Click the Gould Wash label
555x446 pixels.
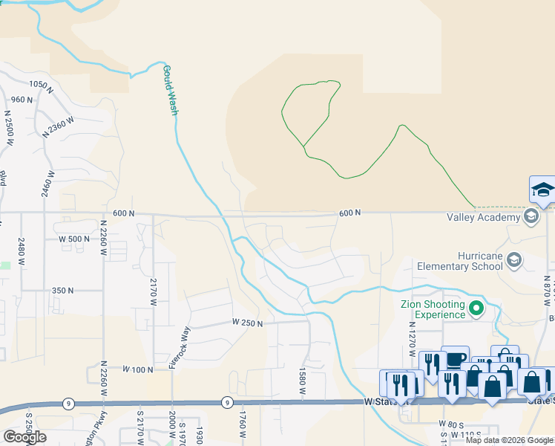click(x=170, y=90)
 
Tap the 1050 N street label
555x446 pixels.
click(x=43, y=85)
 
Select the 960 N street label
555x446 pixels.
click(x=22, y=100)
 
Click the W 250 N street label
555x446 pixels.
click(x=248, y=322)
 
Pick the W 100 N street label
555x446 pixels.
click(x=137, y=369)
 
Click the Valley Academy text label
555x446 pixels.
click(x=483, y=217)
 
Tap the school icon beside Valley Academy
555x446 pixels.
click(x=531, y=217)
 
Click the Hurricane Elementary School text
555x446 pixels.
click(x=459, y=260)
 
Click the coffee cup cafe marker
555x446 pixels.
click(x=455, y=359)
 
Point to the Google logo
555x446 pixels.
click(x=24, y=437)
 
